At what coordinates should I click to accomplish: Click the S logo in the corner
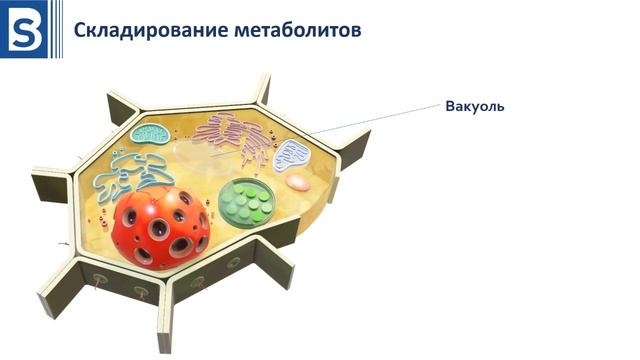coord(24,29)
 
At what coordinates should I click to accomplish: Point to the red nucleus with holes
coord(161,227)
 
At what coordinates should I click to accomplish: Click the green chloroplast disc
coord(249,201)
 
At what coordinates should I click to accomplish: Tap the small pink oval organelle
coord(299,183)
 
